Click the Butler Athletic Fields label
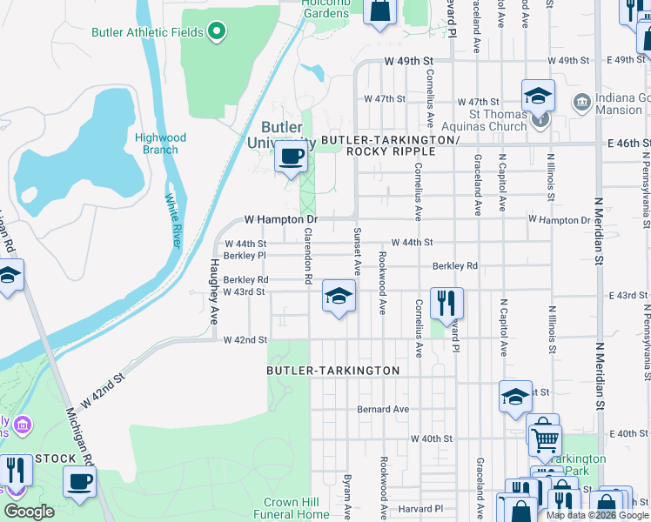pyautogui.click(x=147, y=33)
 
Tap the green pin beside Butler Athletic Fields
pyautogui.click(x=217, y=33)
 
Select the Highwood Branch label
pyautogui.click(x=160, y=144)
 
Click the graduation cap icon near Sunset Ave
pyautogui.click(x=339, y=296)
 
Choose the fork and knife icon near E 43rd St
pyautogui.click(x=446, y=303)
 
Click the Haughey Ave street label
pyautogui.click(x=213, y=291)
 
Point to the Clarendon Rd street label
pyautogui.click(x=308, y=256)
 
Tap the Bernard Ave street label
pyautogui.click(x=383, y=409)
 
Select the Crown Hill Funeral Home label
pyautogui.click(x=297, y=508)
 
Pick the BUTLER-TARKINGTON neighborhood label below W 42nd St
pyautogui.click(x=332, y=371)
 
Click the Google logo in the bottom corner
pyautogui.click(x=29, y=512)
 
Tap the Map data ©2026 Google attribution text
pyautogui.click(x=597, y=515)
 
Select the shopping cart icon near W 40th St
pyautogui.click(x=544, y=439)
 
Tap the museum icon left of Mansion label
pyautogui.click(x=581, y=102)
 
